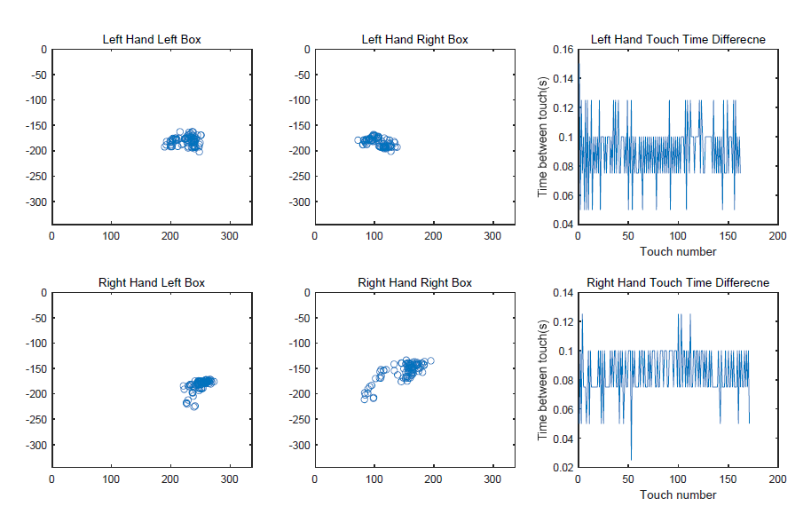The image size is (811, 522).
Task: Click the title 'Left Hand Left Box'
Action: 152,39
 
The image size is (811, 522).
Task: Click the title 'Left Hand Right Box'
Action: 414,39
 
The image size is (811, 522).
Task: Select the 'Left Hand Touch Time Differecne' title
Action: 677,39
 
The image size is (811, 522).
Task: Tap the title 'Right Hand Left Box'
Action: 152,282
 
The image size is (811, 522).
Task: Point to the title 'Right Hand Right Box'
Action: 414,282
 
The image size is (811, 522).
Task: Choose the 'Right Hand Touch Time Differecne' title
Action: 677,282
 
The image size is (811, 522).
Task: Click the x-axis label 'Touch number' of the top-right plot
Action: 678,251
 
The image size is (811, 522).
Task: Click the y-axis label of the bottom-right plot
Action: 543,380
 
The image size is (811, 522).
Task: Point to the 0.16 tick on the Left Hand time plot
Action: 562,50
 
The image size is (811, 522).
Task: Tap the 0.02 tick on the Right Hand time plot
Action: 562,467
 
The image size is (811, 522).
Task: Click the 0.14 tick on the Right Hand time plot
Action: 562,292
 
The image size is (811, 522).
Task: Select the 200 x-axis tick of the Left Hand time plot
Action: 777,237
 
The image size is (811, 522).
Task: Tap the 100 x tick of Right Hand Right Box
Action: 374,479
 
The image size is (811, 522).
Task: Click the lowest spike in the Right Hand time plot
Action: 631,460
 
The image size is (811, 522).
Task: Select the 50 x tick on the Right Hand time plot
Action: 627,479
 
